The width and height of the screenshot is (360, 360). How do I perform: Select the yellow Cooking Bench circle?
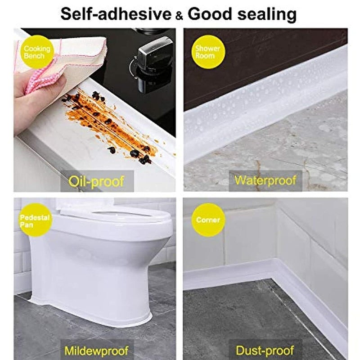pos(34,53)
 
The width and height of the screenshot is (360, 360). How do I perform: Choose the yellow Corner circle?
pos(207,220)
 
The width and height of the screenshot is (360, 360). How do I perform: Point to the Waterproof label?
pos(265,181)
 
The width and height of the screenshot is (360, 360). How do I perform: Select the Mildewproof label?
pos(96,350)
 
